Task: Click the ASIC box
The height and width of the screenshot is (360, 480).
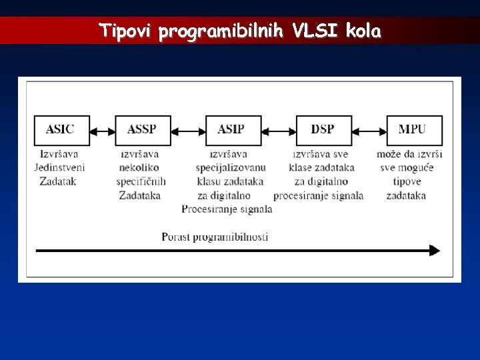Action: point(61,130)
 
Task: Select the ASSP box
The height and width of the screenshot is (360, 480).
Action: point(143,130)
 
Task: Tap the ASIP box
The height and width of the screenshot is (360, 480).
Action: point(233,130)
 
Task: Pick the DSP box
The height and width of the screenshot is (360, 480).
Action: point(323,130)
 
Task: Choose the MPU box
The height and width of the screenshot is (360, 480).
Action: point(414,130)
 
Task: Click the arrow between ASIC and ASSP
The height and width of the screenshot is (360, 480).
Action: point(102,131)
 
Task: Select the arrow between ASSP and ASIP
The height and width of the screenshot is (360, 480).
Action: point(188,131)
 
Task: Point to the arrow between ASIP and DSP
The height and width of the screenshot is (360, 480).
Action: point(277,131)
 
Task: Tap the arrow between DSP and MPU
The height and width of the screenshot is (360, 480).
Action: point(369,131)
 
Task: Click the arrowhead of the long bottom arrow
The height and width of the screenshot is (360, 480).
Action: point(435,251)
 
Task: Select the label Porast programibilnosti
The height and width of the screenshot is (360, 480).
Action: point(215,237)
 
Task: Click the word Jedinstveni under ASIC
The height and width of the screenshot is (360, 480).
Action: point(60,167)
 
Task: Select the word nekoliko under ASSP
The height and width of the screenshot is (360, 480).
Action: point(140,167)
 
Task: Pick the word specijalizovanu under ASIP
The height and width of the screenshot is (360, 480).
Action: point(231,167)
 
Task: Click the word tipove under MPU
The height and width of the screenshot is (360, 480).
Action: point(407,181)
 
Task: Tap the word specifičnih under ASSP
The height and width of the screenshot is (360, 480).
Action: point(141,181)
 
